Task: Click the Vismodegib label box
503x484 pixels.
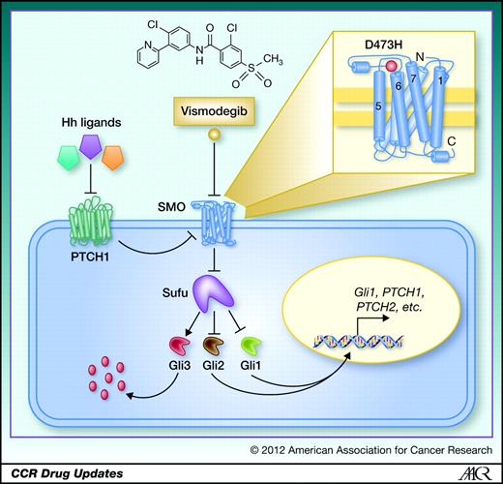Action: click(214, 111)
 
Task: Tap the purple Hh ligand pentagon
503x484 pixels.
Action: click(91, 147)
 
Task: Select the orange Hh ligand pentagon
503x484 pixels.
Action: click(112, 158)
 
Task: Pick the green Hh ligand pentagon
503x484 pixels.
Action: click(68, 158)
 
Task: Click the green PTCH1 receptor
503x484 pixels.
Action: click(90, 227)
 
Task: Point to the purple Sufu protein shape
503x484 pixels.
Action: click(214, 295)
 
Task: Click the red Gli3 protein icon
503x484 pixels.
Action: click(180, 347)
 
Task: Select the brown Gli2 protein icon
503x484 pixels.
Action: click(214, 347)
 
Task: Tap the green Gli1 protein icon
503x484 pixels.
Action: click(251, 347)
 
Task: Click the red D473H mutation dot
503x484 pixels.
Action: click(391, 66)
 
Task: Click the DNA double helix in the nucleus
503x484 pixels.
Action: click(358, 341)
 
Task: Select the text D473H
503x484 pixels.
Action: click(383, 45)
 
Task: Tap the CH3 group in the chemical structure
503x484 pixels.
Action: click(273, 59)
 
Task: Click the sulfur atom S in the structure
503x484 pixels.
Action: click(251, 69)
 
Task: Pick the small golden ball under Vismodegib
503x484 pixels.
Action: click(214, 134)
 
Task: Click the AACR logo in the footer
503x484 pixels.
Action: click(475, 473)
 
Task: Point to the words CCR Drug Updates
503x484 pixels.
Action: click(67, 473)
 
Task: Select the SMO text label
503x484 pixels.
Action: click(171, 207)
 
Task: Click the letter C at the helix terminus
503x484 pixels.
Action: click(452, 141)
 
